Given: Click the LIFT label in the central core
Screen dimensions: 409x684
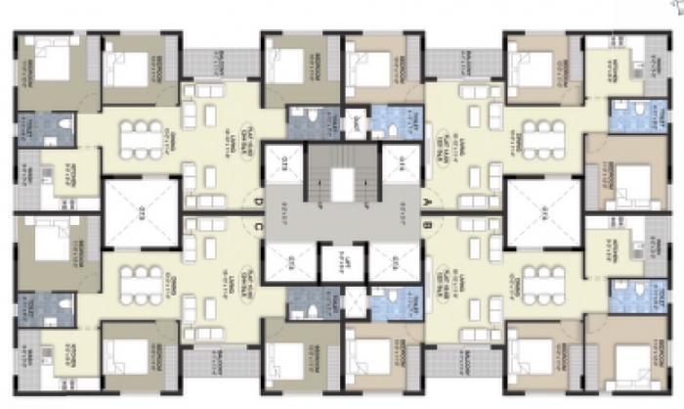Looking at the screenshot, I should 343,259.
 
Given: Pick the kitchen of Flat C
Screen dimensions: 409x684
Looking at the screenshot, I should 60,346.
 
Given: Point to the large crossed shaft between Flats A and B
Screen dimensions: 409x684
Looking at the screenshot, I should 543,208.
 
